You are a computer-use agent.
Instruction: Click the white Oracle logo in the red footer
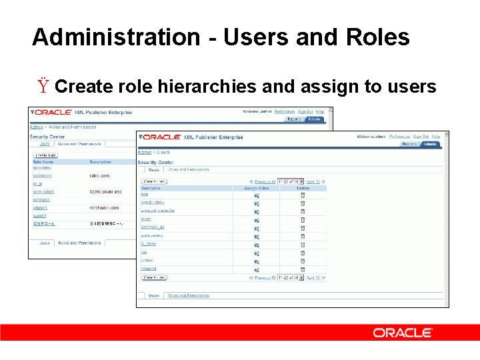[x=403, y=333]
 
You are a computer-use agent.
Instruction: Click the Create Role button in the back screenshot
[x=45, y=155]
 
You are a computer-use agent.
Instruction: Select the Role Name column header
[x=44, y=161]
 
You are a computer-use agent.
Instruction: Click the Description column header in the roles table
[x=103, y=161]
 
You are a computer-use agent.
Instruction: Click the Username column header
[x=151, y=189]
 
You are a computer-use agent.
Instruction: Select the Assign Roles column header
[x=256, y=189]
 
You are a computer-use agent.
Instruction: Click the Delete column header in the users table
[x=303, y=189]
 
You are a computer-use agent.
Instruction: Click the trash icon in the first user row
[x=303, y=195]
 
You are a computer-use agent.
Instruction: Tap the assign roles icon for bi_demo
[x=256, y=245]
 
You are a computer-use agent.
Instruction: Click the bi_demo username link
[x=148, y=245]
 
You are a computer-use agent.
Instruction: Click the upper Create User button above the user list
[x=155, y=181]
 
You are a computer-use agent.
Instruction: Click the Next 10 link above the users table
[x=313, y=181]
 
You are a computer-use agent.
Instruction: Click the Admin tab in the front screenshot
[x=431, y=144]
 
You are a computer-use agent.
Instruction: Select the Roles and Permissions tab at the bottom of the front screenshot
[x=188, y=295]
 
